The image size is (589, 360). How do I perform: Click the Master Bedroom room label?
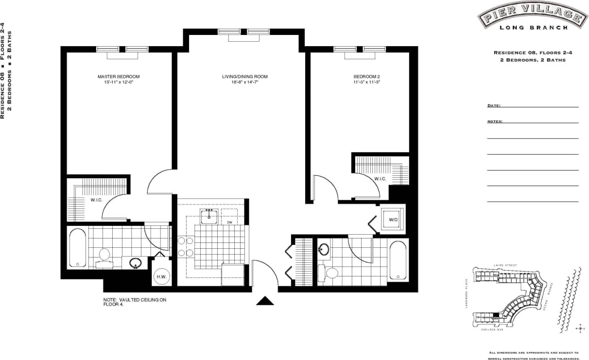click(119, 77)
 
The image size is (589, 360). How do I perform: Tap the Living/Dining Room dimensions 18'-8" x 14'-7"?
click(244, 83)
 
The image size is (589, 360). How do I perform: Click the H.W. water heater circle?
click(161, 277)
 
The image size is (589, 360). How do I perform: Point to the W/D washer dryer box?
click(392, 220)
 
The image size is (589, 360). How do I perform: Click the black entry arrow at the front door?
click(265, 301)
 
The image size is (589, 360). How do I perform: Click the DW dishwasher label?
click(230, 223)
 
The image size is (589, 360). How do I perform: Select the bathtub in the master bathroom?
click(78, 248)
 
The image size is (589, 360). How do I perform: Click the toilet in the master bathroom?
click(104, 256)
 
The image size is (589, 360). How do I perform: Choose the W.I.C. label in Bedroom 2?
click(380, 179)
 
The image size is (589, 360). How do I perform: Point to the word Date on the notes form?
click(493, 105)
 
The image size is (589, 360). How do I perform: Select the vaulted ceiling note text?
click(135, 303)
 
